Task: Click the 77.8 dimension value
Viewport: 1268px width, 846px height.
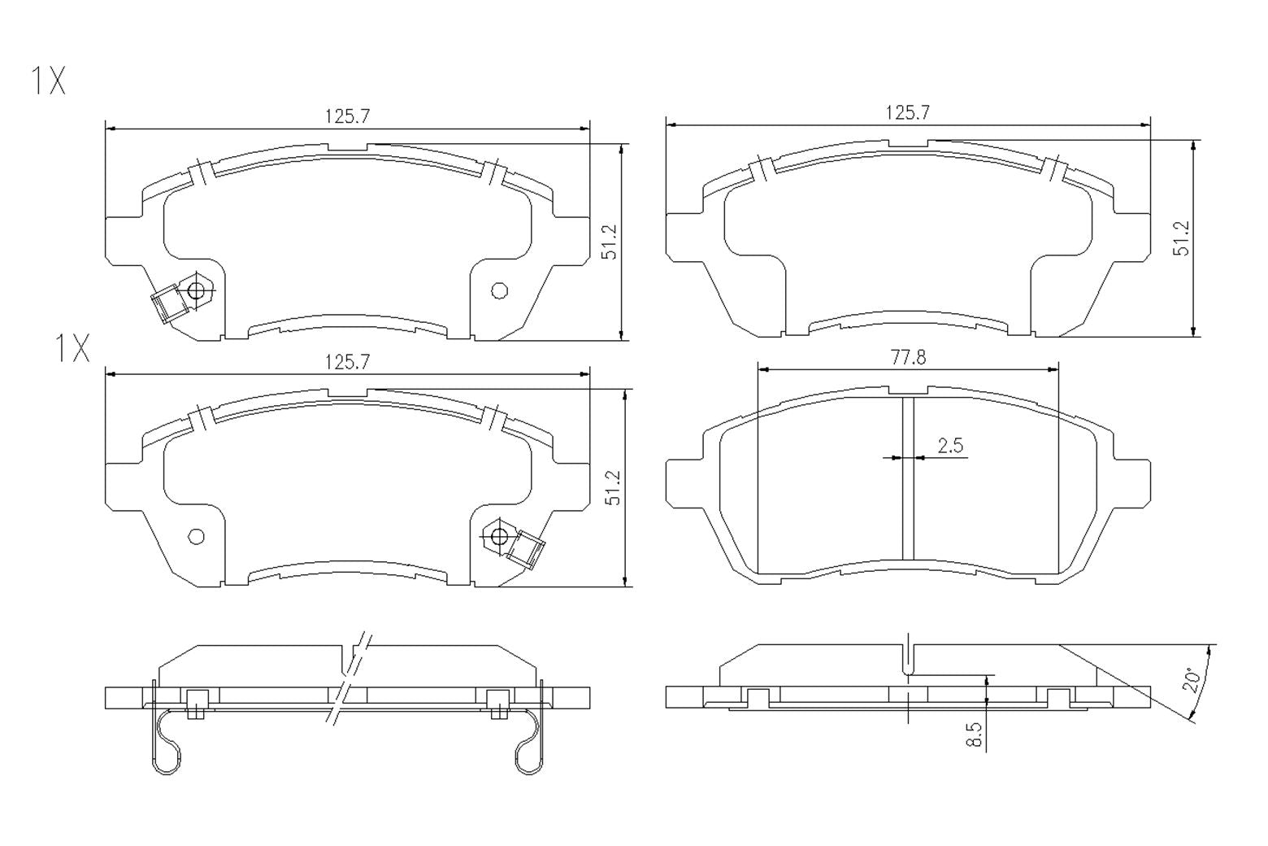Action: [x=908, y=357]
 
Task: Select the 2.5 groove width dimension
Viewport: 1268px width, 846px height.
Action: [x=949, y=446]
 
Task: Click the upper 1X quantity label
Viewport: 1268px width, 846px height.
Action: [x=48, y=81]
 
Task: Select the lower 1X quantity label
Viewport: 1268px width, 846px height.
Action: [x=72, y=349]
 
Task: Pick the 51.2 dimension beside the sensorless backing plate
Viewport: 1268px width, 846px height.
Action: [x=1183, y=238]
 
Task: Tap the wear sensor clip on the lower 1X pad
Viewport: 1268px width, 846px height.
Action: [x=526, y=547]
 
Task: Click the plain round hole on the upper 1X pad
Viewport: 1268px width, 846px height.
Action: [x=500, y=290]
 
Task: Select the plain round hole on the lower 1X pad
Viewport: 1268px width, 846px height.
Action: [x=196, y=536]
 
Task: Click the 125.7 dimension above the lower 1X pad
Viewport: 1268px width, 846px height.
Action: [x=347, y=362]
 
